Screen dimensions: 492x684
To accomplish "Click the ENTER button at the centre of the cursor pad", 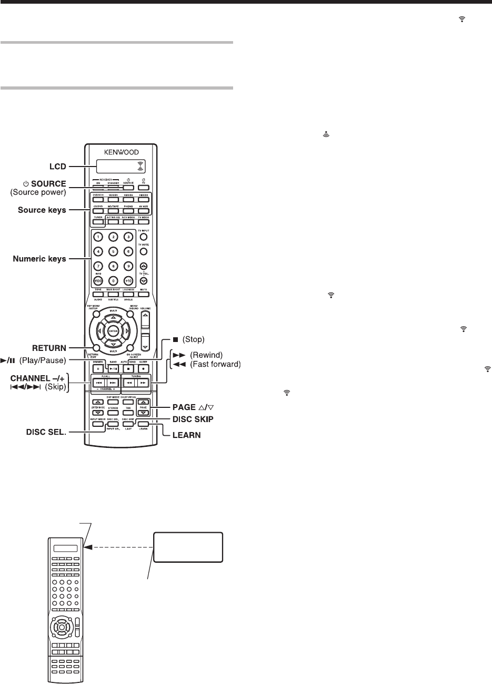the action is (112, 330).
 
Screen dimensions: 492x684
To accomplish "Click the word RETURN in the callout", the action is (47, 347).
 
